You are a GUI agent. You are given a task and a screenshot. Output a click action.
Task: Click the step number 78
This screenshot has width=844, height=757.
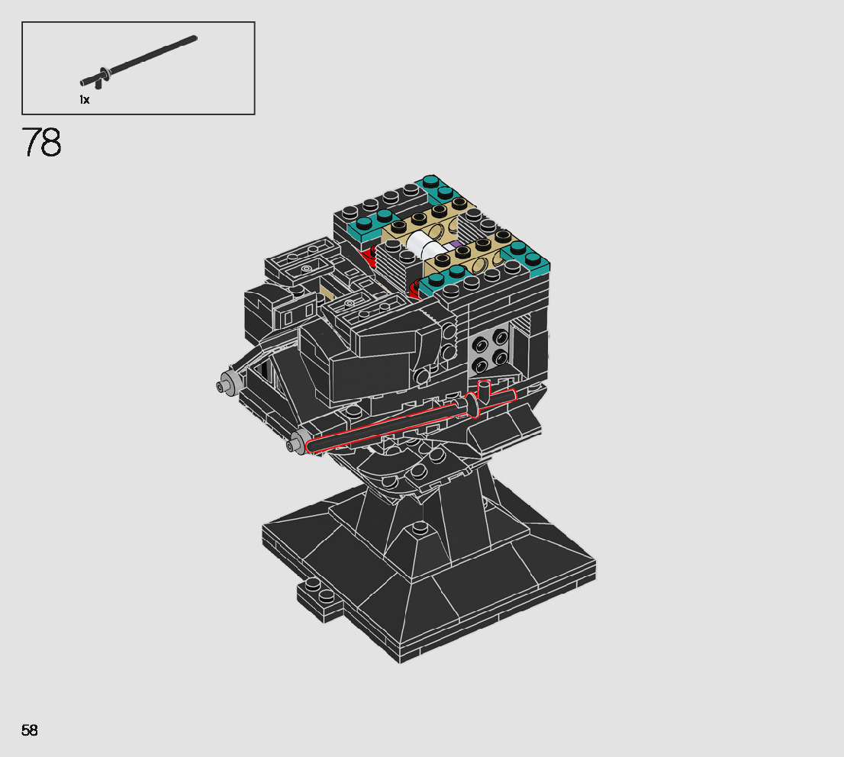pos(41,142)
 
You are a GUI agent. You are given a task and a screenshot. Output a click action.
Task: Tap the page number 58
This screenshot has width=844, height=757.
pos(30,730)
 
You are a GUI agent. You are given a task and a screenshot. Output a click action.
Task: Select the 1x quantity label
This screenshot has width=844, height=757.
pos(85,100)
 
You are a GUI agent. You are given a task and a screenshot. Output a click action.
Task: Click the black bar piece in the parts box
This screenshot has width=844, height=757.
pos(138,61)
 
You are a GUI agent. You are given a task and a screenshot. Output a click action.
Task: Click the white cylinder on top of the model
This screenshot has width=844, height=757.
pos(425,244)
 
